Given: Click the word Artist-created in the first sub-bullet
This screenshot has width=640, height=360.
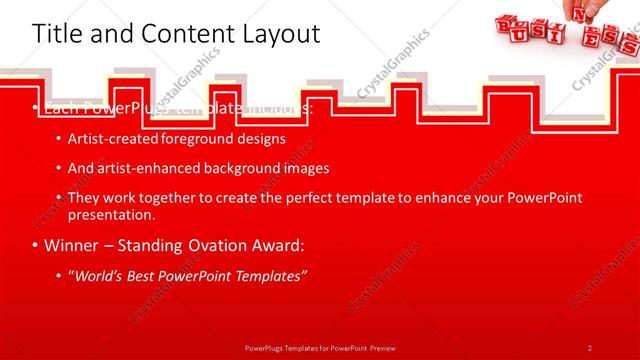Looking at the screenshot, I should (x=105, y=138).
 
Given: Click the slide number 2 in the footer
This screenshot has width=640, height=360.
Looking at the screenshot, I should (x=590, y=347).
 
